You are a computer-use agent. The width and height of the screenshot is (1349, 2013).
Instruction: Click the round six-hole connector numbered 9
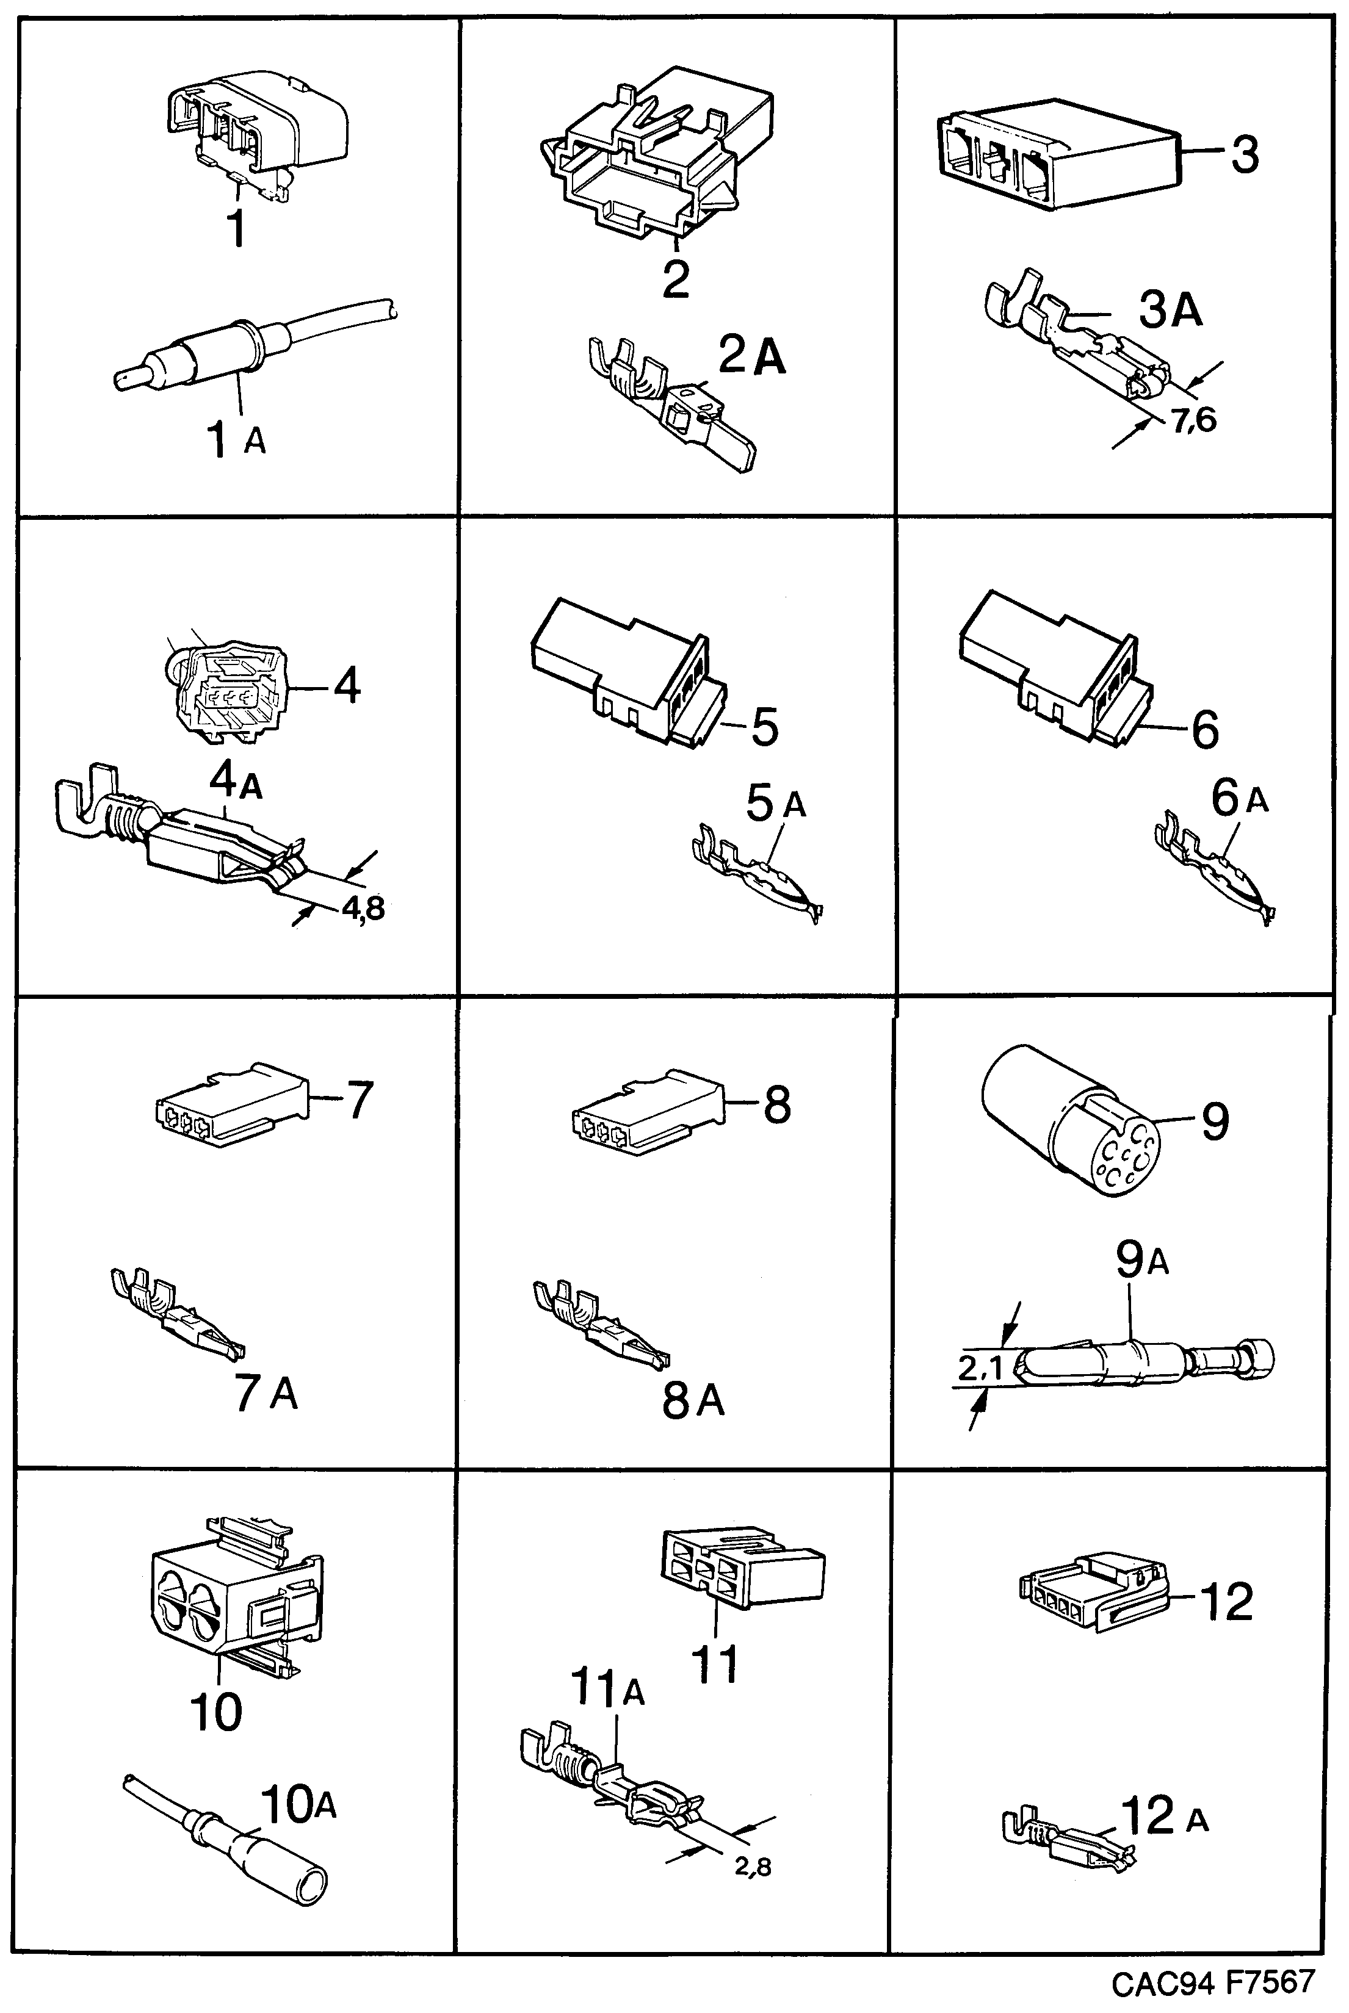click(x=1071, y=1120)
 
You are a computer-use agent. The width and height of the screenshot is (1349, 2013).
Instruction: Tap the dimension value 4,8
click(x=362, y=907)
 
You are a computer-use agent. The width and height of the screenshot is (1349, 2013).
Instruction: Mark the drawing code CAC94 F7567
click(x=1213, y=1981)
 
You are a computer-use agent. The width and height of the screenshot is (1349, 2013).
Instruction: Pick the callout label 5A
click(x=774, y=805)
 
